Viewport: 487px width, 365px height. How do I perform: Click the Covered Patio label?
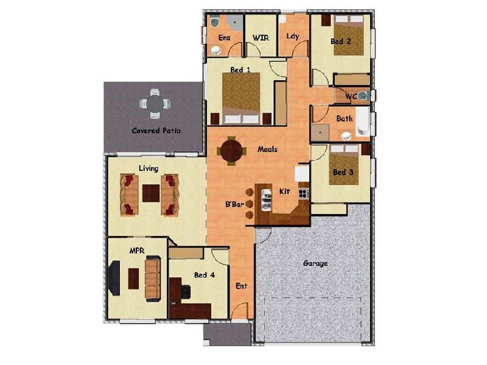[x=156, y=131]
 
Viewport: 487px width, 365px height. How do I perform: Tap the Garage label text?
[x=315, y=263]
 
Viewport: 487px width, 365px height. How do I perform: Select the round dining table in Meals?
[x=232, y=151]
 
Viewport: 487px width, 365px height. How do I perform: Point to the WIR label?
[x=261, y=38]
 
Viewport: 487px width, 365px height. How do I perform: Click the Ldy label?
[x=293, y=36]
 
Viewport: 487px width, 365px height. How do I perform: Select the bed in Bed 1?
[x=242, y=97]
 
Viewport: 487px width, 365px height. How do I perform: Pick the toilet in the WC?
[x=362, y=96]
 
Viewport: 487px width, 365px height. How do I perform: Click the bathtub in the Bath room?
[x=363, y=123]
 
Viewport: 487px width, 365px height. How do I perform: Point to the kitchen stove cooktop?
[x=303, y=193]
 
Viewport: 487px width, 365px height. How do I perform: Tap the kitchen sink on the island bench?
[x=267, y=198]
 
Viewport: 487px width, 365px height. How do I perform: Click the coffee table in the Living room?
[x=150, y=193]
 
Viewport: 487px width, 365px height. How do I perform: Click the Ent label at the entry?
[x=242, y=285]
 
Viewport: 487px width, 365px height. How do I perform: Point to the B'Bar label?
[x=235, y=205]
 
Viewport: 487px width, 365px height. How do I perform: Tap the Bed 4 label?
[x=204, y=275]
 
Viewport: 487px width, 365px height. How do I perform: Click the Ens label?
[x=224, y=38]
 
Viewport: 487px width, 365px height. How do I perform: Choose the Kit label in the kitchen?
[x=284, y=192]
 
